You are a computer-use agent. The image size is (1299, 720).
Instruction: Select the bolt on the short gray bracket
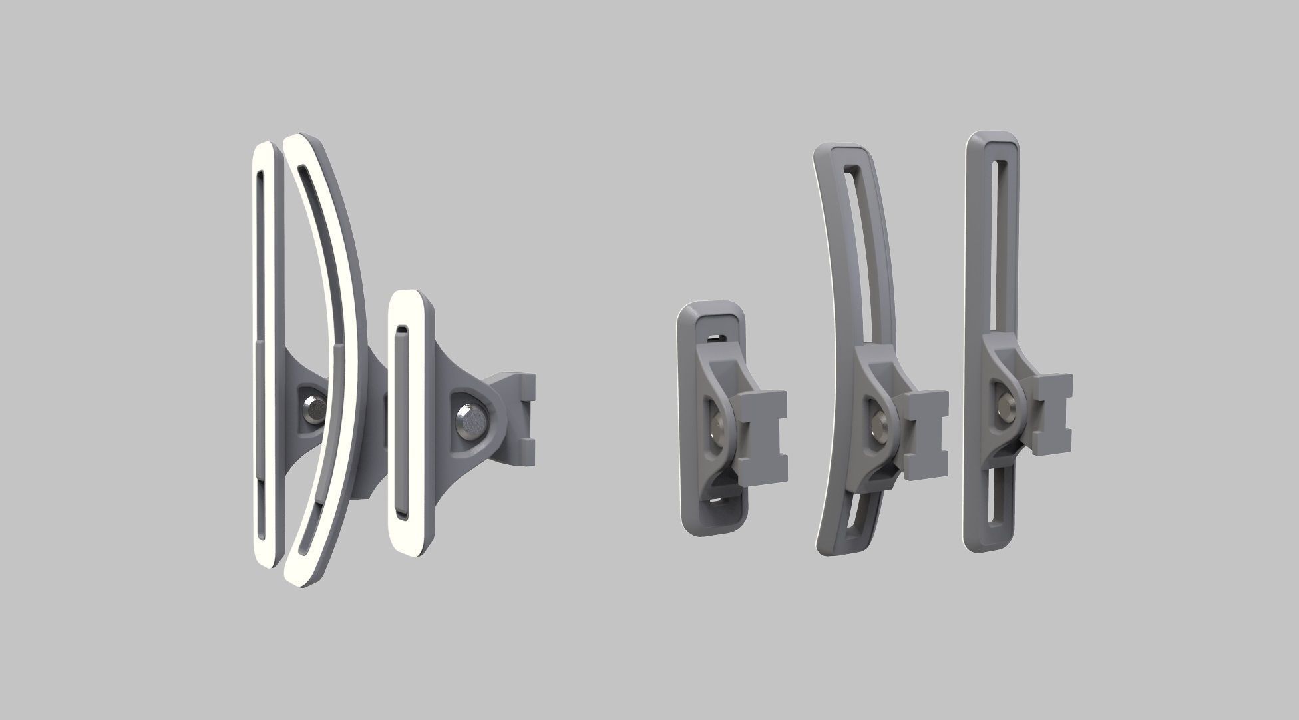click(718, 426)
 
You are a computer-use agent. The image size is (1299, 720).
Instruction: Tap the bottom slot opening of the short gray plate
click(719, 517)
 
